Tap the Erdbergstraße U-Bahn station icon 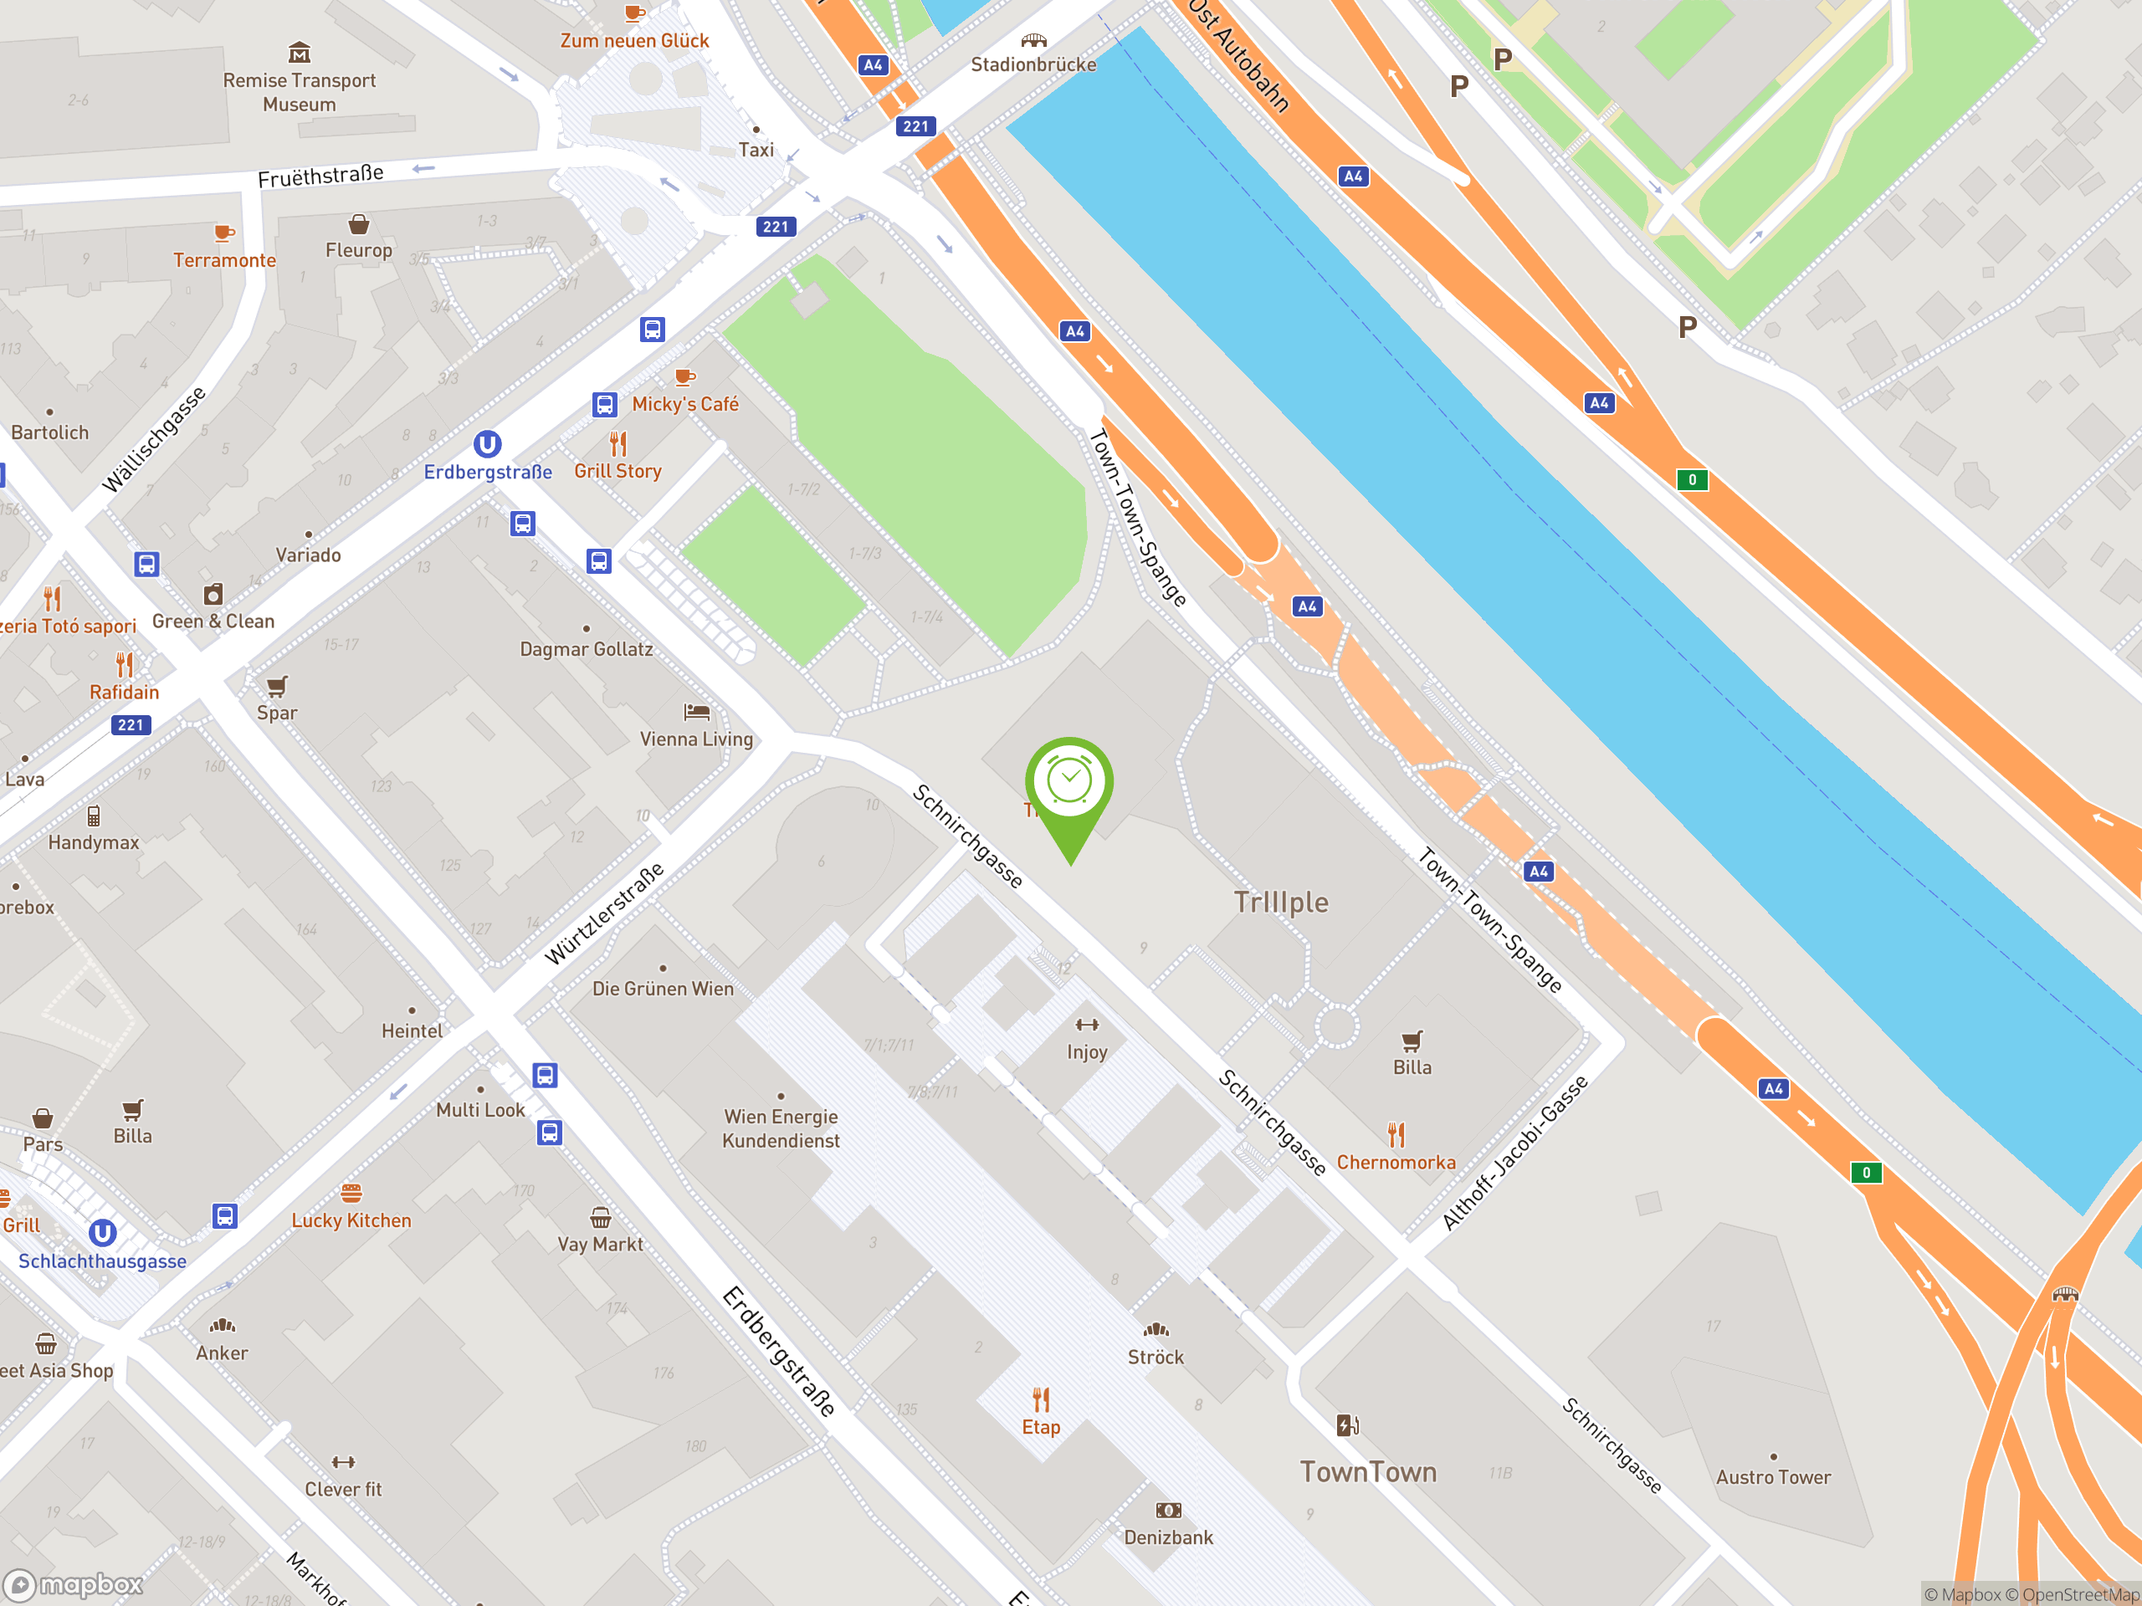(487, 444)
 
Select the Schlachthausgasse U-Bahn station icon (103, 1232)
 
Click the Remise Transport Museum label (300, 92)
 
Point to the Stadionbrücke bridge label (1033, 64)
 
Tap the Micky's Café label (684, 404)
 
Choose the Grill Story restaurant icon (617, 444)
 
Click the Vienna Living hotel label (696, 739)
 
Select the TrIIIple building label (1280, 903)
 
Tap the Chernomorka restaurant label (1396, 1162)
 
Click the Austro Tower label (1773, 1476)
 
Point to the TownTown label (1367, 1471)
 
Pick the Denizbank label (1168, 1537)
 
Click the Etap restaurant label (1041, 1426)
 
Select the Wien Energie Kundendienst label (781, 1128)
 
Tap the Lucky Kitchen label (351, 1220)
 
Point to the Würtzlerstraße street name (604, 914)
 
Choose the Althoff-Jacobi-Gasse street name (1514, 1152)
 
